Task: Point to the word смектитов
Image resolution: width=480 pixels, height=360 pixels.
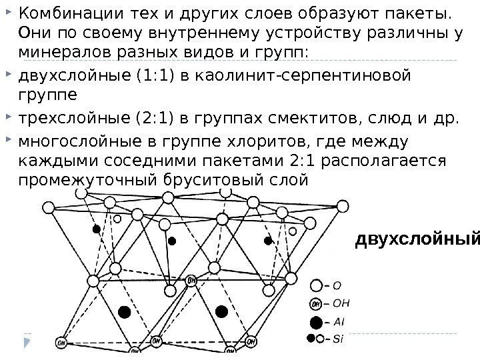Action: click(x=306, y=119)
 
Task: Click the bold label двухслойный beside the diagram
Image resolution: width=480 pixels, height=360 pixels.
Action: click(x=417, y=239)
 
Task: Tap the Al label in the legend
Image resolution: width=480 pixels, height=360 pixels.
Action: click(x=338, y=322)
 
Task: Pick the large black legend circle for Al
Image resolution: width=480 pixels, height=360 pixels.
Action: click(x=316, y=322)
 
